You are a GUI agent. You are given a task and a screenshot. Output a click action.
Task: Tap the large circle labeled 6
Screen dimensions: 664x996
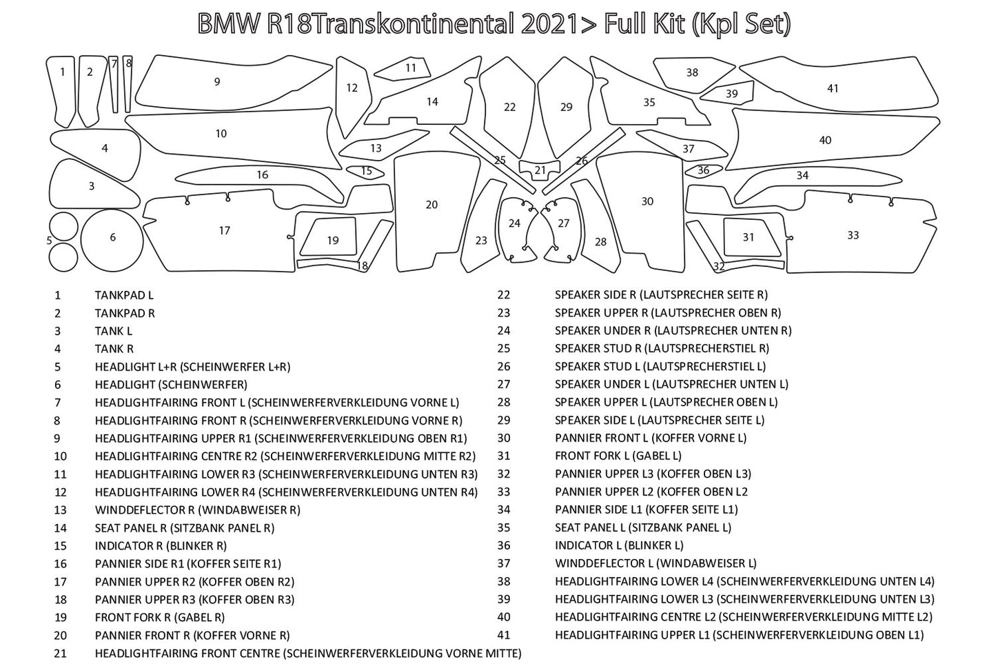(112, 238)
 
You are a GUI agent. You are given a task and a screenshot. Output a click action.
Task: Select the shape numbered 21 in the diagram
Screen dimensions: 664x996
(540, 170)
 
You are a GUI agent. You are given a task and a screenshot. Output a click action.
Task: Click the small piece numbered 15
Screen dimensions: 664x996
(366, 171)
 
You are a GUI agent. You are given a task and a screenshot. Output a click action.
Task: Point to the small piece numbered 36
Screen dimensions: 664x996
(703, 170)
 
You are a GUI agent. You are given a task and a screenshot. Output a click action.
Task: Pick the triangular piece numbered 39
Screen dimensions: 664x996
(731, 94)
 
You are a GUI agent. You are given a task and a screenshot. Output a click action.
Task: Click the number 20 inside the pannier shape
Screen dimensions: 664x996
(431, 205)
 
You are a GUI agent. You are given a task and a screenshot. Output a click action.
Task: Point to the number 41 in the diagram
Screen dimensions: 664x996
(833, 88)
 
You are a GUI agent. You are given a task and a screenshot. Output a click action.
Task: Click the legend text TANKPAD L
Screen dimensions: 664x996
(124, 295)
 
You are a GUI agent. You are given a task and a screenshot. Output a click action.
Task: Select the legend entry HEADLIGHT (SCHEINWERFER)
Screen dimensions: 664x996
(171, 385)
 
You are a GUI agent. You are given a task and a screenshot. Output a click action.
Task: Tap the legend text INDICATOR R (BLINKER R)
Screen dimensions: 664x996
(161, 546)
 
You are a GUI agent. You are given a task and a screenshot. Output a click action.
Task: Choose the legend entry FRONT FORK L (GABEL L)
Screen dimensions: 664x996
(618, 456)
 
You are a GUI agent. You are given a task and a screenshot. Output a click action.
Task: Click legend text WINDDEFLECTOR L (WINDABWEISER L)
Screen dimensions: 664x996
(655, 563)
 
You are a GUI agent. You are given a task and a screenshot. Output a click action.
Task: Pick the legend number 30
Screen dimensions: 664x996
(504, 438)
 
